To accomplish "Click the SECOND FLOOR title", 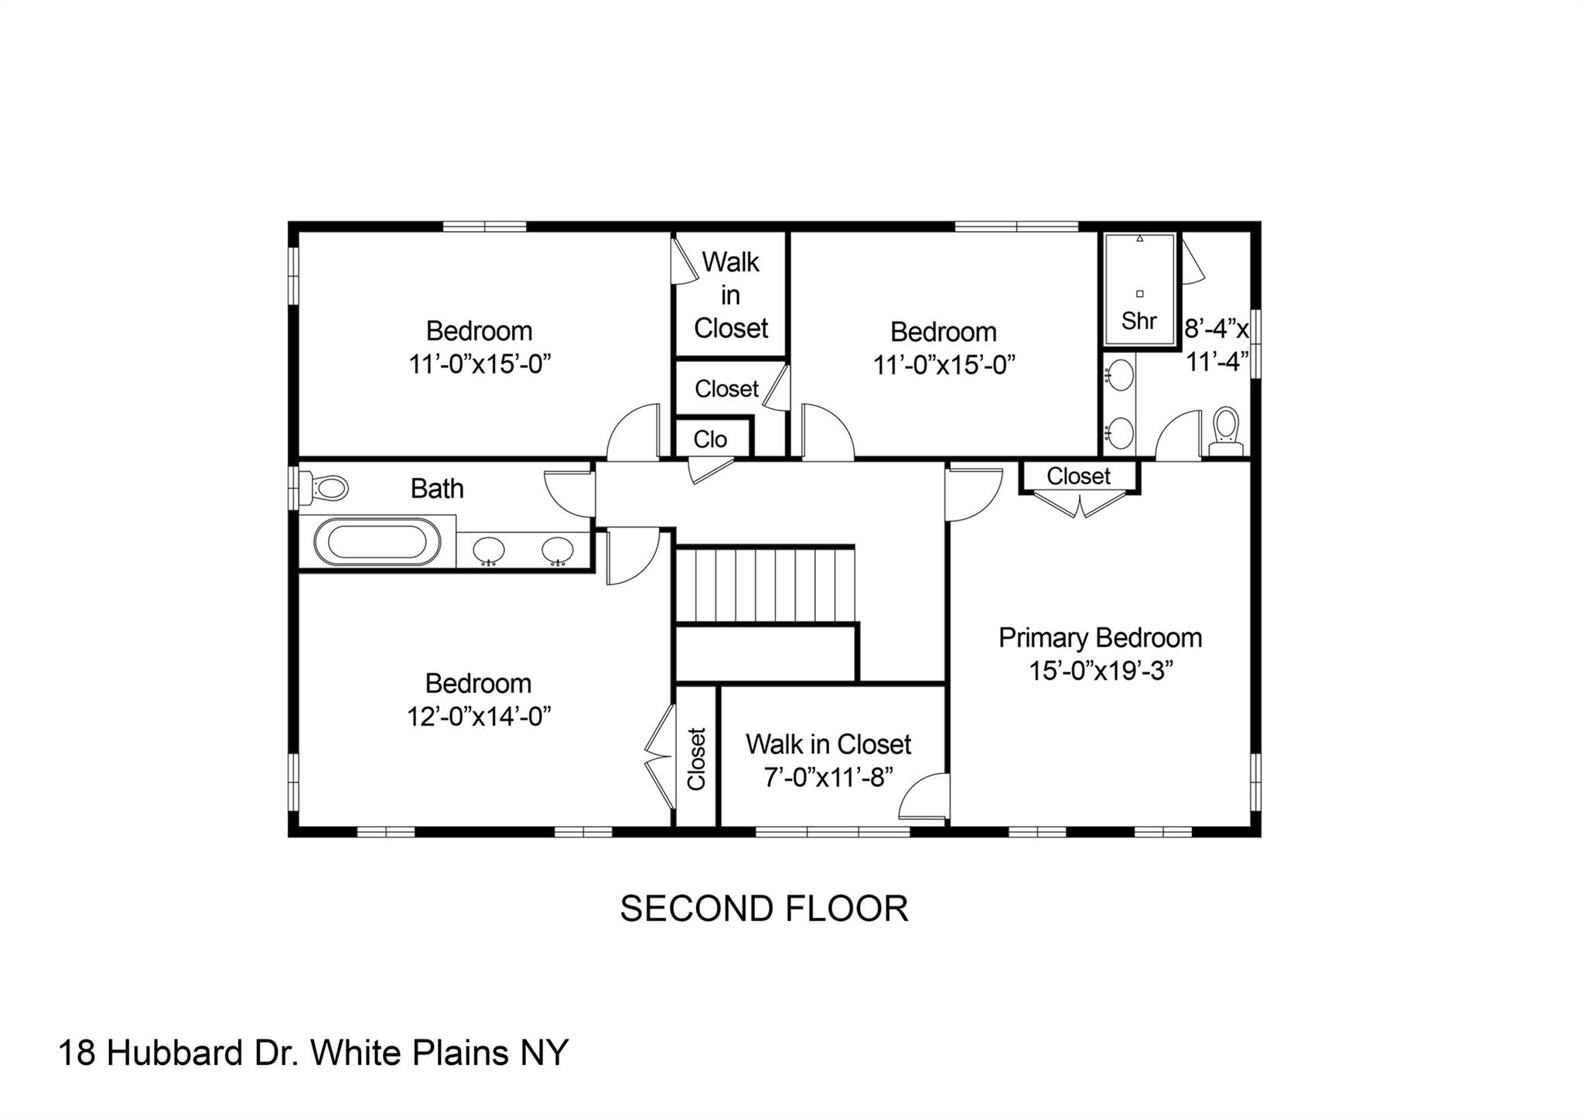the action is point(764,908).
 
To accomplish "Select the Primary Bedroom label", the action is point(1100,638).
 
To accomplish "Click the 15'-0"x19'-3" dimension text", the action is point(1101,670).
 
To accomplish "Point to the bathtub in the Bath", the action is point(376,541).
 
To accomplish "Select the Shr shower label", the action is point(1139,320).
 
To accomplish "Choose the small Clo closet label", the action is point(710,439).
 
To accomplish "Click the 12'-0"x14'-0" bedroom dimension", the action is point(479,716).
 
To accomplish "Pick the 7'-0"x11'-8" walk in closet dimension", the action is point(828,776).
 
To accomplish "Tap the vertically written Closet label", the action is point(696,759).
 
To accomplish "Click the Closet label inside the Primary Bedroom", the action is point(1078,476).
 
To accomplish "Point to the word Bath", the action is point(437,489).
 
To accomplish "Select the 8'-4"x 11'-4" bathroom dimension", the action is point(1217,345).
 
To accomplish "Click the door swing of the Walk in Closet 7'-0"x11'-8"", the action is point(923,796).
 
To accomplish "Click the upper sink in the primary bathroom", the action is point(1120,376).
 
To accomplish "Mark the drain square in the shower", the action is point(1139,294).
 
